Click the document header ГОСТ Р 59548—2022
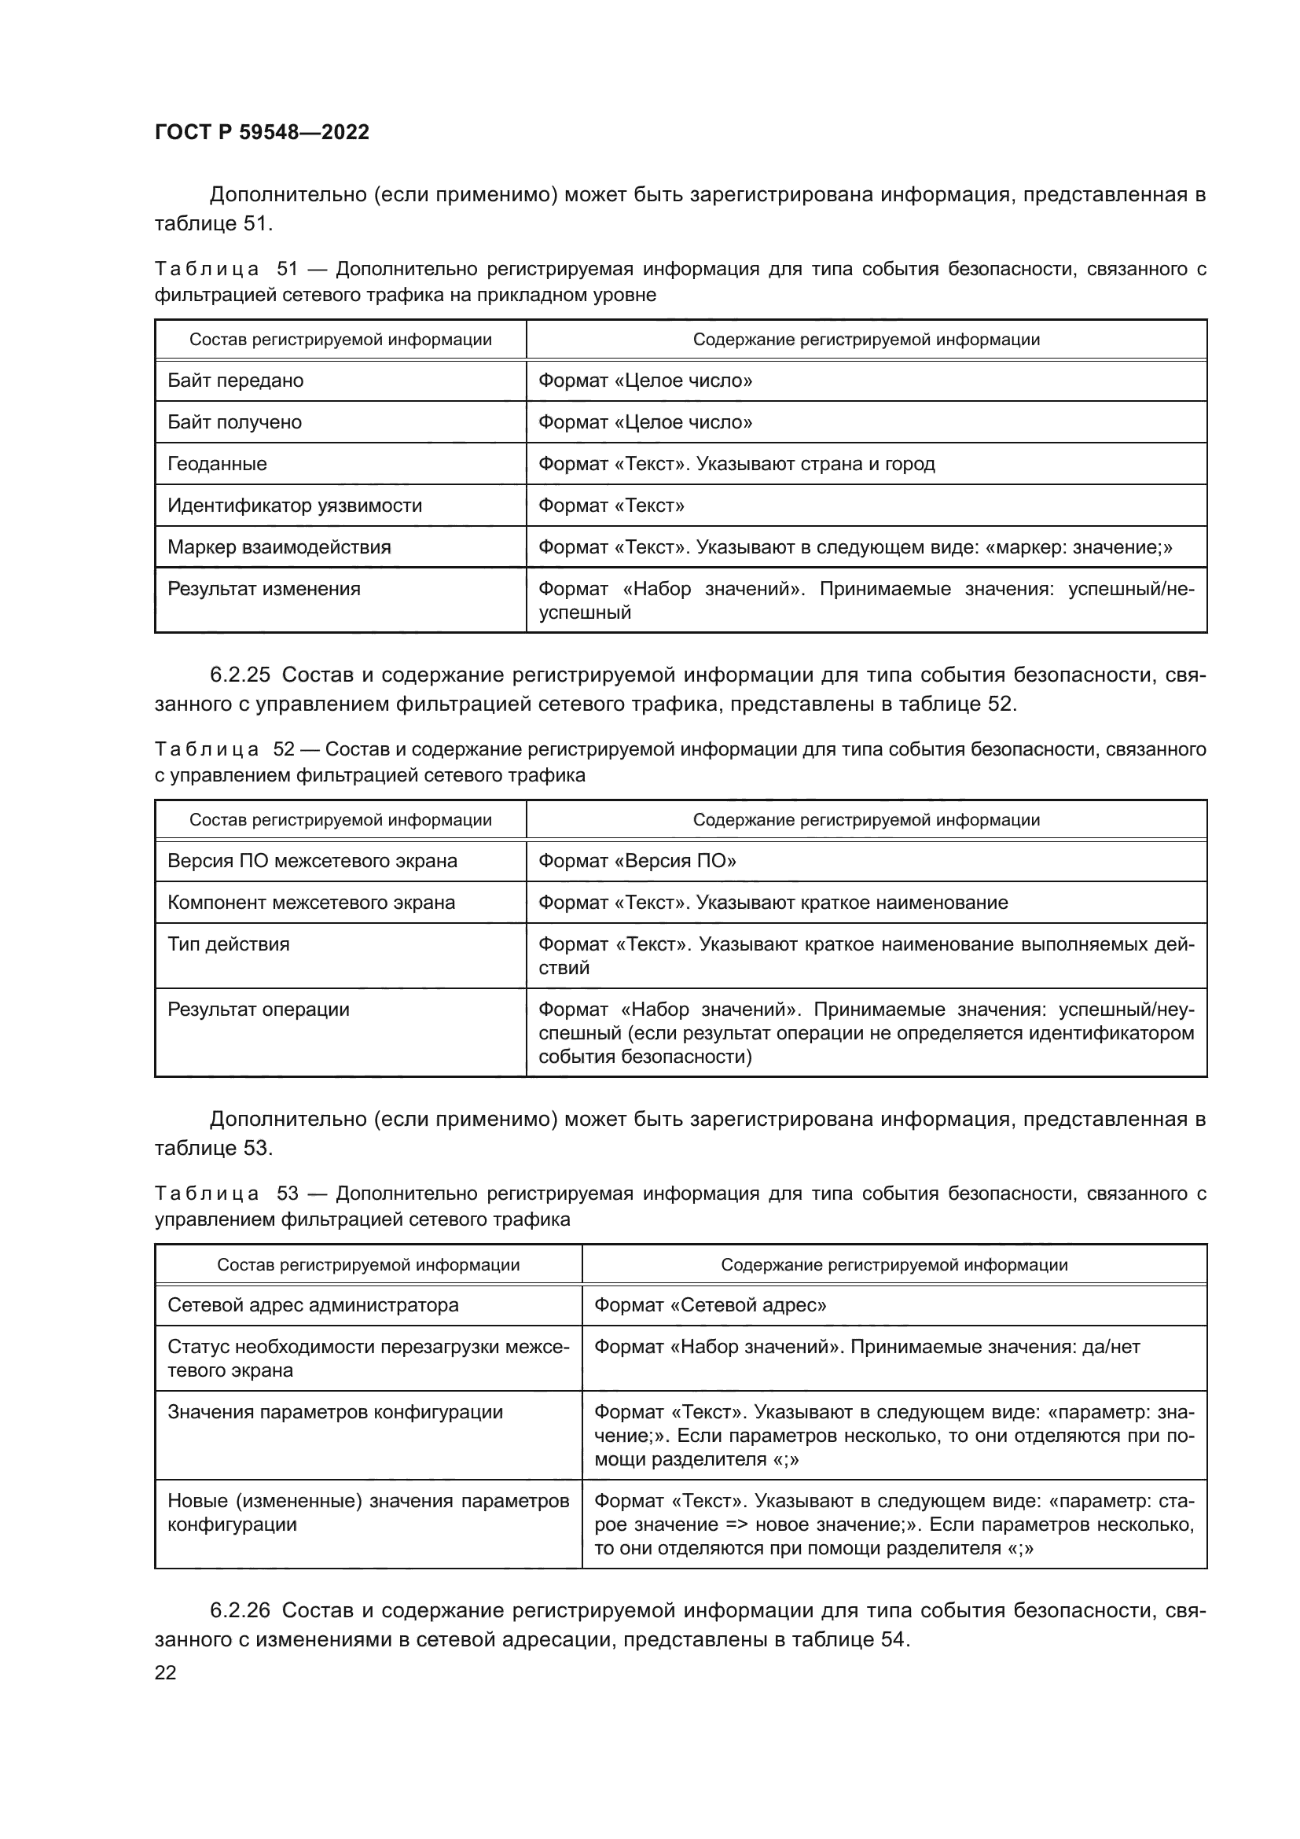click(262, 132)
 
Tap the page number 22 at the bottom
click(166, 1672)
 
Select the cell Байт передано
click(235, 381)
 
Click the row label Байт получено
click(234, 422)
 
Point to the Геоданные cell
click(217, 464)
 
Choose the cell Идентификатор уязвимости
click(295, 506)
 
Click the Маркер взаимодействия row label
click(279, 547)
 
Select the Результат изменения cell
click(264, 589)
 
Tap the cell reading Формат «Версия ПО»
click(637, 861)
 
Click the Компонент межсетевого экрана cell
click(311, 903)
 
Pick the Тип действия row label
click(229, 944)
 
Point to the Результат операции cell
click(259, 1010)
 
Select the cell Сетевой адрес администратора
click(313, 1305)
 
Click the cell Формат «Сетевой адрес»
click(710, 1305)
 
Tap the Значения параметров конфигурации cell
click(336, 1411)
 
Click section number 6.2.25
click(241, 675)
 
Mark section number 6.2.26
click(241, 1610)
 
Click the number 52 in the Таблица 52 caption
click(285, 750)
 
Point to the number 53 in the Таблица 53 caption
click(288, 1194)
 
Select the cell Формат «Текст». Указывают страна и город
click(736, 464)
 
